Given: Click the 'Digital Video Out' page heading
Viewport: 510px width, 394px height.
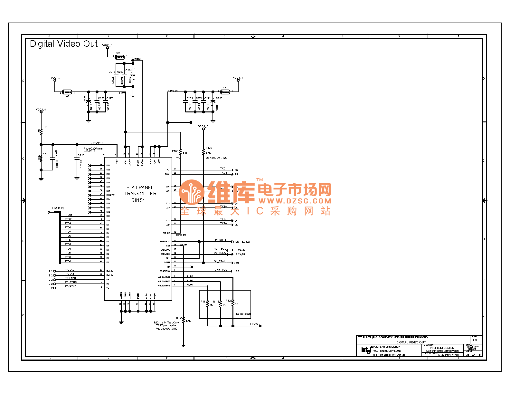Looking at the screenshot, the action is point(63,44).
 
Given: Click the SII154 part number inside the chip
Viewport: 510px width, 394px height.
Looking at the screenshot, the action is point(138,200).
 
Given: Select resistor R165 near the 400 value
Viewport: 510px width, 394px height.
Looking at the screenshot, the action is point(180,152).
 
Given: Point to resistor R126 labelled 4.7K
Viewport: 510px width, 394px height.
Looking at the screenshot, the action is point(203,152).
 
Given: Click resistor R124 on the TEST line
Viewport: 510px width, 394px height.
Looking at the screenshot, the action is point(184,320).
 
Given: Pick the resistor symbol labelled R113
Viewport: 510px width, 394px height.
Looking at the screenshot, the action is point(208,304).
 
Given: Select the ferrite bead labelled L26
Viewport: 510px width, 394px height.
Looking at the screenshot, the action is point(120,57).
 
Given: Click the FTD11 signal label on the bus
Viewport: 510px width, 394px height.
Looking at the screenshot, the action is point(68,215).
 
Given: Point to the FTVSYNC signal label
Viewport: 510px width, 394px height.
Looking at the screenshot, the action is point(71,286).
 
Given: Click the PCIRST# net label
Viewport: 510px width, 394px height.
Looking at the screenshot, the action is point(221,240).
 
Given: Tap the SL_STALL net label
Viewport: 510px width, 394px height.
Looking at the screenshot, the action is point(221,261).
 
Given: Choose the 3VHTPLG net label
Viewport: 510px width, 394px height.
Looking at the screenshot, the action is point(221,270).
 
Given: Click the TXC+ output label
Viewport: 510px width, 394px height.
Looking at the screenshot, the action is point(223,173).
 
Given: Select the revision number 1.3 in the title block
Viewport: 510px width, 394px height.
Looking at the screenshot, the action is point(474,340).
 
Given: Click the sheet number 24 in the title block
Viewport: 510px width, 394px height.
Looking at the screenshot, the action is point(467,355).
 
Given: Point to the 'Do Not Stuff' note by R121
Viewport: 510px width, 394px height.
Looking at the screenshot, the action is point(243,314).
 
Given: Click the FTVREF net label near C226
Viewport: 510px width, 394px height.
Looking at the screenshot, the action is point(98,143).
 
